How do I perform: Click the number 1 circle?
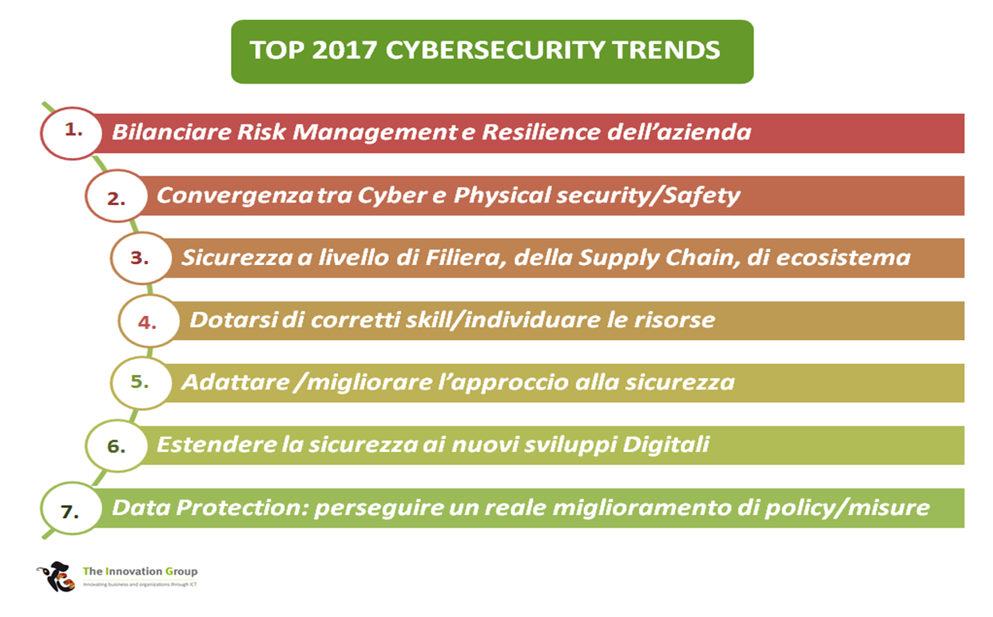click(71, 132)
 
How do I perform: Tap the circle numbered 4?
click(149, 321)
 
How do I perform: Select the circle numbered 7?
click(71, 508)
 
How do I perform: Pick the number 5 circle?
click(141, 383)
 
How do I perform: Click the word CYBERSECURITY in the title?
click(495, 50)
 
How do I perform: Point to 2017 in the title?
click(344, 50)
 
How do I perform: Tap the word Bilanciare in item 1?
click(172, 132)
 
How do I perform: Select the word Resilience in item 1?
click(541, 132)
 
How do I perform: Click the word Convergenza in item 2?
click(235, 196)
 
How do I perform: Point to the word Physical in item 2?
click(502, 196)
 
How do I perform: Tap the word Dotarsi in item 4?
click(234, 320)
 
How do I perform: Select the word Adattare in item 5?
click(236, 382)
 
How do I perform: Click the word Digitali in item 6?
click(665, 445)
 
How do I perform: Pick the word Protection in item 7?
click(242, 508)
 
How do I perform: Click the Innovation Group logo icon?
click(56, 577)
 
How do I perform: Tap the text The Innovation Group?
click(140, 572)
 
